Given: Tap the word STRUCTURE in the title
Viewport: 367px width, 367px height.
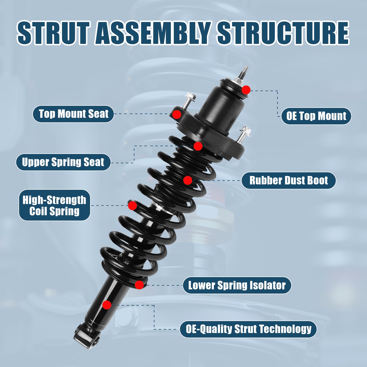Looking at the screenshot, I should (x=283, y=33).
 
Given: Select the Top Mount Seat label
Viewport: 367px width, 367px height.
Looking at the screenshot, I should (x=73, y=114).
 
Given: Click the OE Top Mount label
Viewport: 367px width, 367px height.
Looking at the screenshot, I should (x=316, y=116).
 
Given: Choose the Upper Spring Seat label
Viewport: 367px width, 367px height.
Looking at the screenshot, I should (x=63, y=162).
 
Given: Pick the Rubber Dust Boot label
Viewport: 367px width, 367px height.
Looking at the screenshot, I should (x=289, y=181).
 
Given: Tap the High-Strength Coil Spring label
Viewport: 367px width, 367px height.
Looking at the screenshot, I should (x=54, y=205).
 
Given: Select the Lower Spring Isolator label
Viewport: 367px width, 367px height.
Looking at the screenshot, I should (x=237, y=285).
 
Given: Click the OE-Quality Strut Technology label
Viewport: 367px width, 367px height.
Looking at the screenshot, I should (x=248, y=329).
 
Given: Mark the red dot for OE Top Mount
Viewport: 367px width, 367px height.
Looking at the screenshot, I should (x=246, y=90).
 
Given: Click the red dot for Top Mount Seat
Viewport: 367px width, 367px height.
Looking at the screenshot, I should (x=177, y=114).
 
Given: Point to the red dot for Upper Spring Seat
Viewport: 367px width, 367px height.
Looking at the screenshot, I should (x=198, y=146).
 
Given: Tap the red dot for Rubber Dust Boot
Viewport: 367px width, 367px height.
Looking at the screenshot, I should (x=187, y=180).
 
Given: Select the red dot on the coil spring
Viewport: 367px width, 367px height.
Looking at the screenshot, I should (x=132, y=205).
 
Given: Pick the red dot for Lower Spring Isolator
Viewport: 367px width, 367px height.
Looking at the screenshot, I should (x=139, y=285).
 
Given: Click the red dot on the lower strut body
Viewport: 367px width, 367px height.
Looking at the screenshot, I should (x=107, y=305).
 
